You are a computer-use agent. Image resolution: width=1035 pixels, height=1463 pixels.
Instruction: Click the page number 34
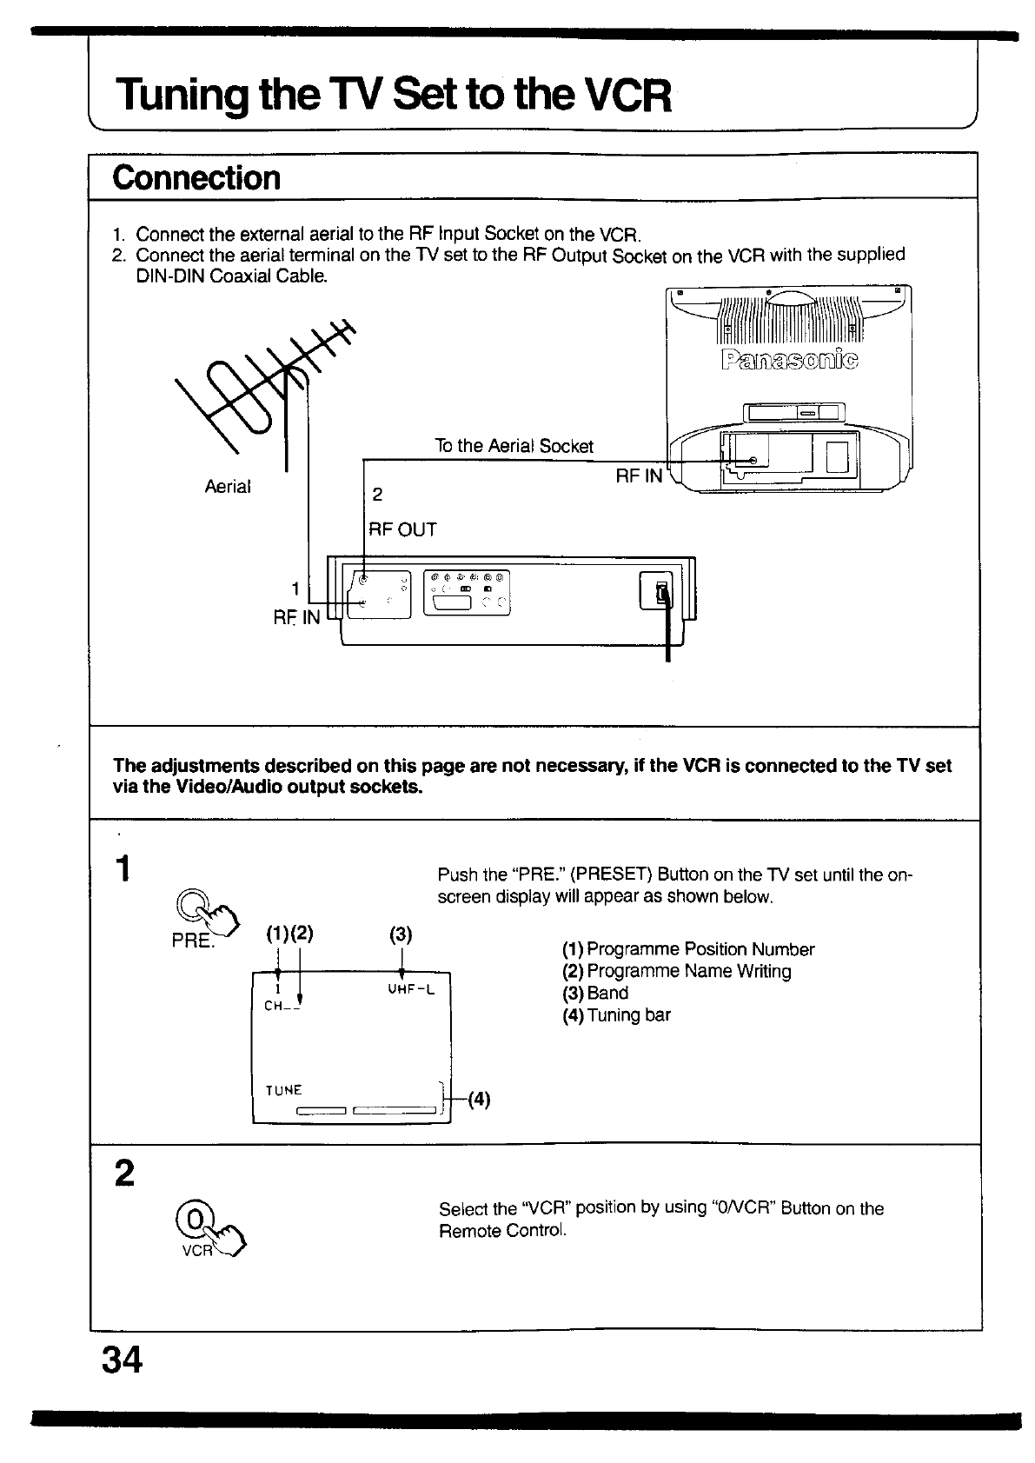pyautogui.click(x=123, y=1360)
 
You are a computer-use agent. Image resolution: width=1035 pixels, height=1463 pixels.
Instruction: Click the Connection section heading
pyautogui.click(x=196, y=177)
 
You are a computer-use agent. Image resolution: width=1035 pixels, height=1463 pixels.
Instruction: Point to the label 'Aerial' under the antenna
pyautogui.click(x=227, y=487)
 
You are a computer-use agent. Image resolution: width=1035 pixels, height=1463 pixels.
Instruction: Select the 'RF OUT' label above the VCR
pyautogui.click(x=402, y=529)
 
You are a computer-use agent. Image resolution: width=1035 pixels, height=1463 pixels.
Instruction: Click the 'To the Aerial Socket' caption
pyautogui.click(x=514, y=446)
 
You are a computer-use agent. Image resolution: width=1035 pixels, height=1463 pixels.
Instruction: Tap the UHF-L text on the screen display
pyautogui.click(x=411, y=989)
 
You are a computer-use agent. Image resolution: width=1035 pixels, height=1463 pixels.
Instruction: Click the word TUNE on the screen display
pyautogui.click(x=283, y=1090)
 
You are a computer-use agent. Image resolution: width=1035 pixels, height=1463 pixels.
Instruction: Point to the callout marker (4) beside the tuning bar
pyautogui.click(x=480, y=1100)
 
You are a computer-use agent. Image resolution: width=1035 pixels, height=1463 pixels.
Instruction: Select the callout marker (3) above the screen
pyautogui.click(x=401, y=935)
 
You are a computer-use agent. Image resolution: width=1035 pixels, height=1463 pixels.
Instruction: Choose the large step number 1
pyautogui.click(x=125, y=868)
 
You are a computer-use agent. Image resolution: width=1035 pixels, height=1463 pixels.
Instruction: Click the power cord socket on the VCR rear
pyautogui.click(x=662, y=592)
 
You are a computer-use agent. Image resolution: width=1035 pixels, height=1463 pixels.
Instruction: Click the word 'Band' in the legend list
pyautogui.click(x=607, y=993)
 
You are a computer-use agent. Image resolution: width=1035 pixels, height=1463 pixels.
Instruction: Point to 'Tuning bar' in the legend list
pyautogui.click(x=628, y=1015)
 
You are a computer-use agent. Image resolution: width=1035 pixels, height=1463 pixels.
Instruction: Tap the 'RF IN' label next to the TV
pyautogui.click(x=639, y=475)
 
